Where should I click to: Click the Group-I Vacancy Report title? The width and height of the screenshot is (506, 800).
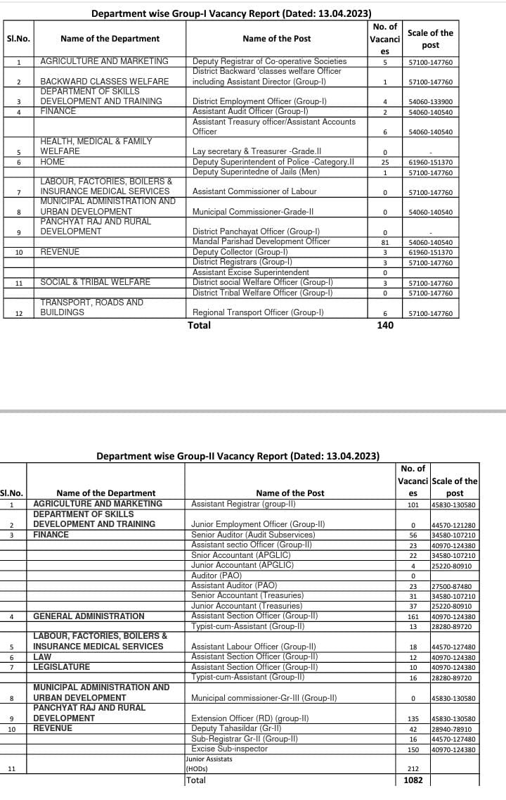point(232,13)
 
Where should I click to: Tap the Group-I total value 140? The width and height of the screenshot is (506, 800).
point(385,325)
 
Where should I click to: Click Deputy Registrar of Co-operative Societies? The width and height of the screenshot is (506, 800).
point(269,62)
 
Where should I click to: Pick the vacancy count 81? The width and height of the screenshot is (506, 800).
point(385,242)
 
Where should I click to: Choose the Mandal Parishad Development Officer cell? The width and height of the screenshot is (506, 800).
point(261,241)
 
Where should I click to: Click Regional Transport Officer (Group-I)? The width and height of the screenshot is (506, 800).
point(258,312)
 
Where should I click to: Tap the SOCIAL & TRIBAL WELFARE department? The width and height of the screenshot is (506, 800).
point(95,282)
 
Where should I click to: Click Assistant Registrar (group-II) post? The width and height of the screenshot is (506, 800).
point(243,504)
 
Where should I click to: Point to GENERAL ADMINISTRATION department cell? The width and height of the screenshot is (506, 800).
point(89,616)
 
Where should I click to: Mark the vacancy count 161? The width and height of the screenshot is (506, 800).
point(413,617)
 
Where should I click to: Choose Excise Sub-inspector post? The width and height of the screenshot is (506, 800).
point(229,749)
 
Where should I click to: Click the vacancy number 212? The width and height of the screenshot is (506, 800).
point(413,768)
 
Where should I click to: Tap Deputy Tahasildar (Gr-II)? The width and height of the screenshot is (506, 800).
point(236,728)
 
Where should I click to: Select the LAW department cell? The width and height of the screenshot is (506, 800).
point(42,656)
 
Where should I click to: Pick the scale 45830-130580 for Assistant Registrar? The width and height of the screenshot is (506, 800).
point(453,504)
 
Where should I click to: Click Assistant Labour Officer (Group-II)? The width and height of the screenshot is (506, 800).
point(254,647)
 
